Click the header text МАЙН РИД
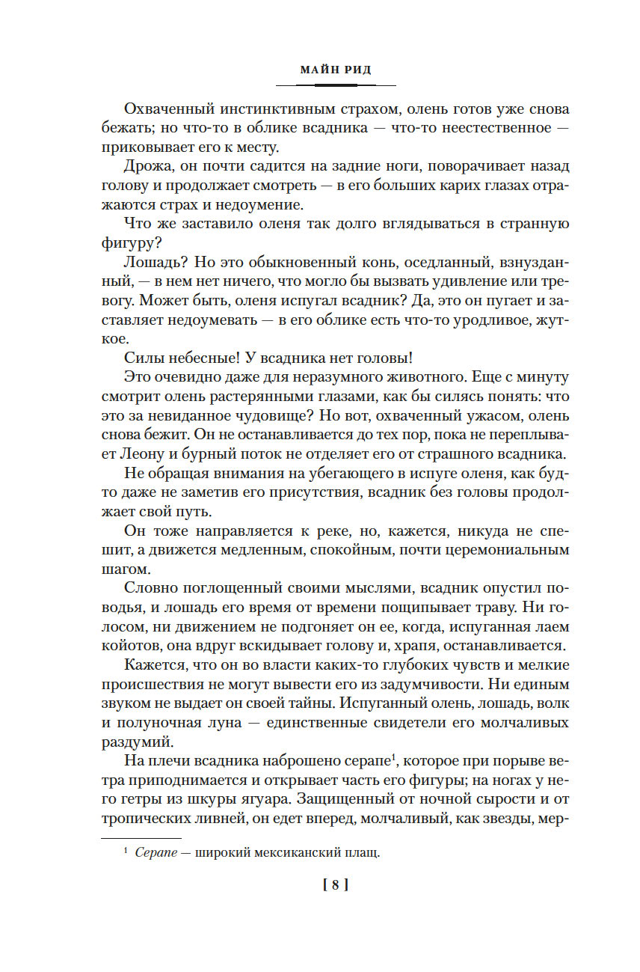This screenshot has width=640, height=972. tap(336, 70)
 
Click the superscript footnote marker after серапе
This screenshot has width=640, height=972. tap(393, 757)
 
